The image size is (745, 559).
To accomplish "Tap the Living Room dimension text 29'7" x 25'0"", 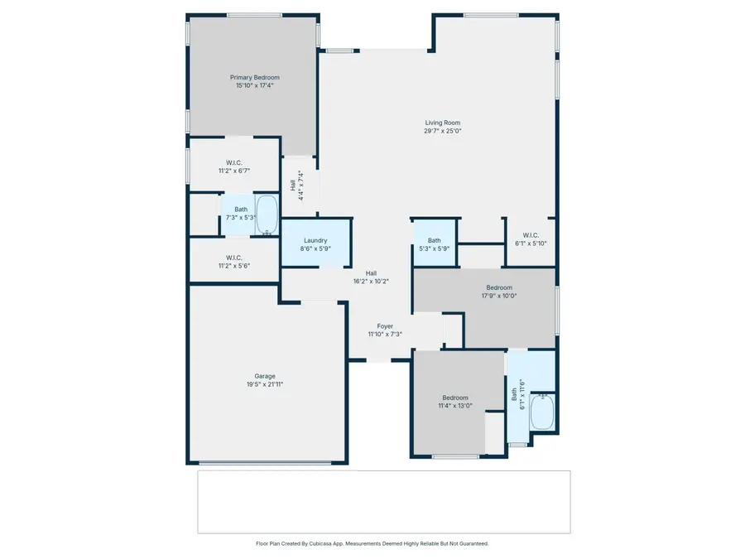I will (442, 130).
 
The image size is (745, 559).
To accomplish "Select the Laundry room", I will (315, 243).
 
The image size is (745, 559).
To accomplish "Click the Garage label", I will (265, 376).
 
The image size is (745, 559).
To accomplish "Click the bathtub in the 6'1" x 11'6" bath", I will (542, 412).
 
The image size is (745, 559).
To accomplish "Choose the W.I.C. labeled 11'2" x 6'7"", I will (233, 166).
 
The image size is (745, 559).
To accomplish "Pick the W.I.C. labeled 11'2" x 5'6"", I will (233, 262).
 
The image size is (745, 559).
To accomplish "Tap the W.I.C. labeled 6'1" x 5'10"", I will (531, 239).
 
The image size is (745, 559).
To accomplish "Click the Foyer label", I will (385, 326).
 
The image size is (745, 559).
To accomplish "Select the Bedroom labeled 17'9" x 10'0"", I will (499, 292).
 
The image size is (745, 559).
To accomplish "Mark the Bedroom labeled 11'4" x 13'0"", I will (454, 402).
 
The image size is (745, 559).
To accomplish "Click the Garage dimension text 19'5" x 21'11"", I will (265, 384).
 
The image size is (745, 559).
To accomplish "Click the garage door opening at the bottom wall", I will (266, 462).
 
